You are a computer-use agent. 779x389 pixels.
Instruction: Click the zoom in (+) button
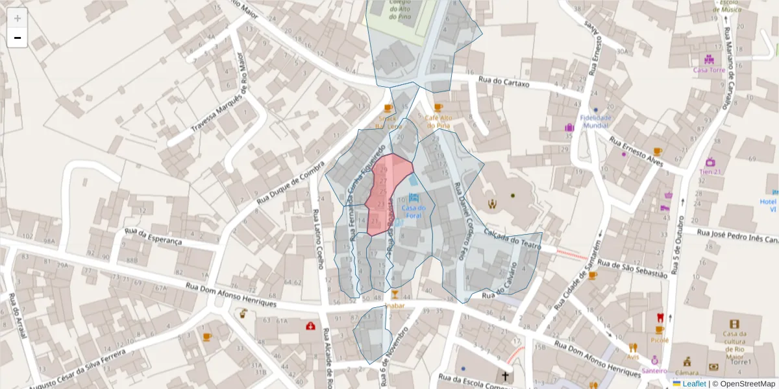tap(18, 18)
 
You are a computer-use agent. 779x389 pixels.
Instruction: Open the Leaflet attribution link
tap(693, 384)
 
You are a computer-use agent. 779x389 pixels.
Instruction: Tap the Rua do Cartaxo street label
tap(504, 82)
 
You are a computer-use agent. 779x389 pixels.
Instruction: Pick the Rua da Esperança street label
tap(153, 236)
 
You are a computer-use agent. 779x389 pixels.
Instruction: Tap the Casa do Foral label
tap(414, 211)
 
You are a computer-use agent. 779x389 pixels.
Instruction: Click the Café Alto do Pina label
tap(438, 121)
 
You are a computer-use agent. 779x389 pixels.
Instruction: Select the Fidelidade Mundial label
tap(595, 121)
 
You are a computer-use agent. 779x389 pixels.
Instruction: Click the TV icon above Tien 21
tap(710, 161)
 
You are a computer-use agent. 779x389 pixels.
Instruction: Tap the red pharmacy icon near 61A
tap(310, 325)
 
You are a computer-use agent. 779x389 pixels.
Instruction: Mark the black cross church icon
tap(504, 376)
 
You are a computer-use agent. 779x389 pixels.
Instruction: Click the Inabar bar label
tap(395, 305)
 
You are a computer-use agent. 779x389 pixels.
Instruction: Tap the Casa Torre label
tap(708, 70)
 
